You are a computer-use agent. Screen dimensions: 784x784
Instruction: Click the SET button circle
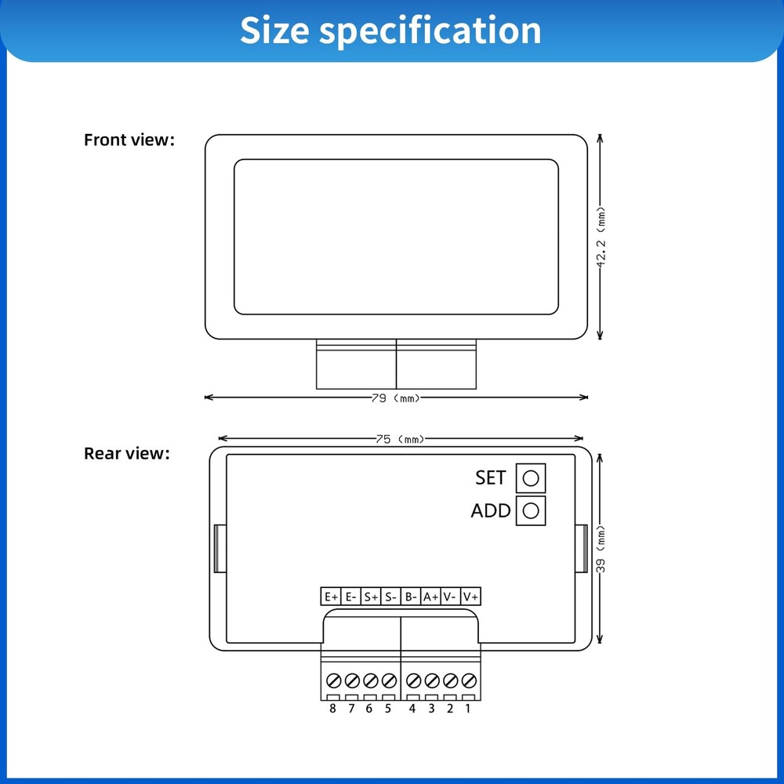(x=531, y=478)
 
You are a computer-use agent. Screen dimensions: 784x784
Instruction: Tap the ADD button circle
(x=531, y=510)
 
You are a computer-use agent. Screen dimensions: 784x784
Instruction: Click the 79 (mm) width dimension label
(x=395, y=398)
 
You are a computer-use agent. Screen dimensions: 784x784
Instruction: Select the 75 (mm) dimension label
(x=400, y=439)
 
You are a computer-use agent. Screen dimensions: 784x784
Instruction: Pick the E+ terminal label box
(x=331, y=597)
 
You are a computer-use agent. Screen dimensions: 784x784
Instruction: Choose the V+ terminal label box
(x=470, y=597)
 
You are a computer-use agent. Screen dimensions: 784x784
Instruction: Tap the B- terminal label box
(x=411, y=597)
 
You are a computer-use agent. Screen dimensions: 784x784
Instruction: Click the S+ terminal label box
(x=371, y=597)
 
